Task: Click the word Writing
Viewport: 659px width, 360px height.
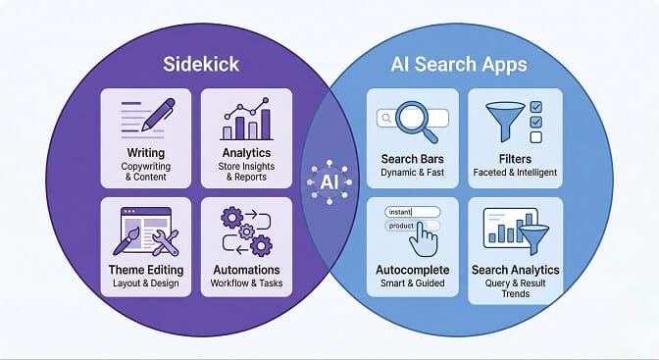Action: point(146,153)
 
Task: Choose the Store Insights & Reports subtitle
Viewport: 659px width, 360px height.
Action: point(246,174)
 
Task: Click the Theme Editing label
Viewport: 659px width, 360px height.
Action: point(146,270)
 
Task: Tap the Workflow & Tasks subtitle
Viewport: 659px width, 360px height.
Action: point(246,283)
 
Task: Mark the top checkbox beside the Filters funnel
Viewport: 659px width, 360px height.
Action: point(536,106)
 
